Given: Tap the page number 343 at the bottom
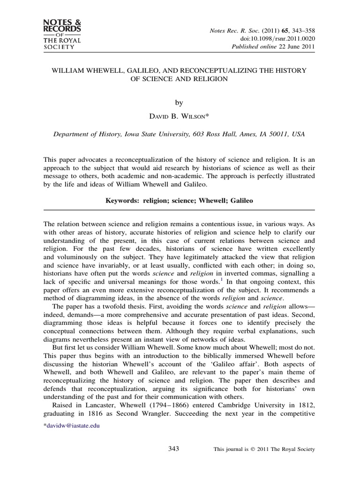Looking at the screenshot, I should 173,449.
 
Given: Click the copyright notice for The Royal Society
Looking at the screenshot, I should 264,449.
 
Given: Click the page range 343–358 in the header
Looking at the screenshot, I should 299,30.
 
